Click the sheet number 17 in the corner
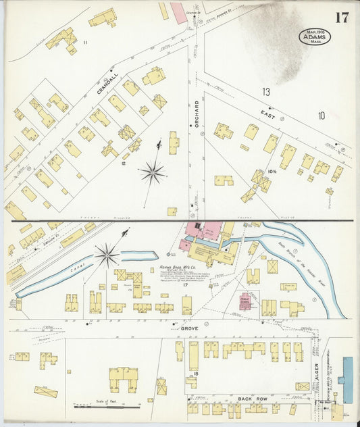point(342,17)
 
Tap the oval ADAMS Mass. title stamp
point(315,36)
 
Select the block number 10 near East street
point(322,116)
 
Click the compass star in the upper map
point(153,173)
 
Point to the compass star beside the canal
point(107,255)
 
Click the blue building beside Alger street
point(347,380)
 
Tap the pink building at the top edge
point(177,12)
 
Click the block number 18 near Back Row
point(196,373)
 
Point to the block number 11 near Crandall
point(85,43)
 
